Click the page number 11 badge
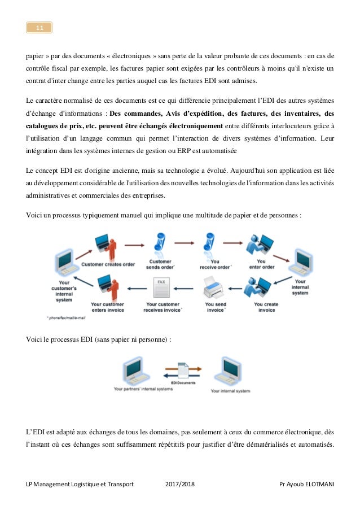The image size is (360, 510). click(x=39, y=27)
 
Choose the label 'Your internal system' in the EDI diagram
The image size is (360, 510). click(x=230, y=390)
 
